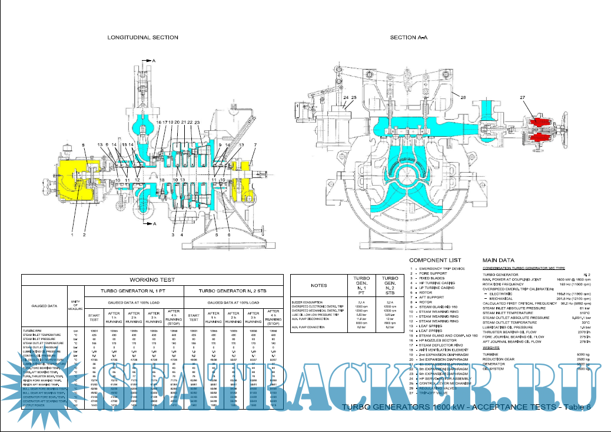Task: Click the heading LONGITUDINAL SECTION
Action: pyautogui.click(x=142, y=37)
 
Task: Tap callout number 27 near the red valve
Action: pyautogui.click(x=522, y=97)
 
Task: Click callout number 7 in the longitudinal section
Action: pyautogui.click(x=255, y=144)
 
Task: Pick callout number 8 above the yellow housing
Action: pyautogui.click(x=83, y=144)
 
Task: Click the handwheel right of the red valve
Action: pyautogui.click(x=564, y=133)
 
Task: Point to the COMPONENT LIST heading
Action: pyautogui.click(x=435, y=259)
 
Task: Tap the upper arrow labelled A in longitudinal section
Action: pyautogui.click(x=152, y=61)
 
